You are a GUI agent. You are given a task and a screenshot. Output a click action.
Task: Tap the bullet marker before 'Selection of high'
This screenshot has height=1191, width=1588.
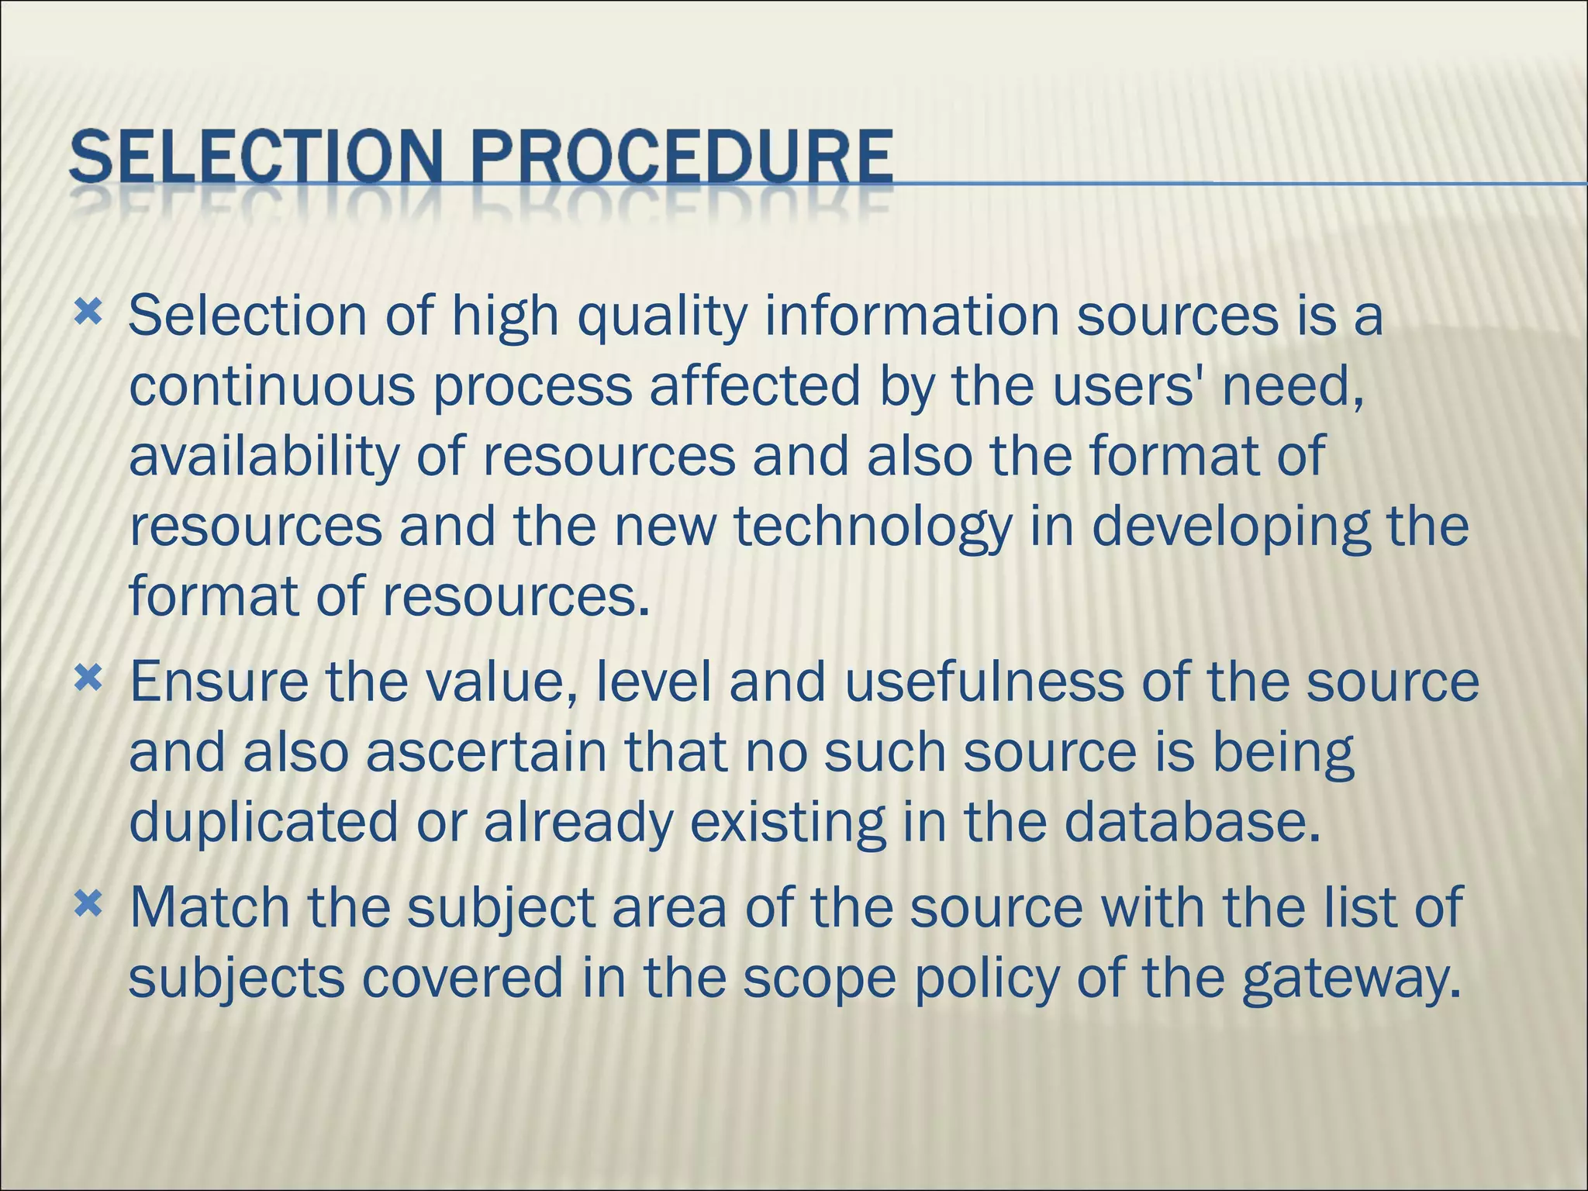pos(88,313)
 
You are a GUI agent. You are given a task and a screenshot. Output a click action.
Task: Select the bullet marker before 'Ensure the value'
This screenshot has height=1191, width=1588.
pos(88,680)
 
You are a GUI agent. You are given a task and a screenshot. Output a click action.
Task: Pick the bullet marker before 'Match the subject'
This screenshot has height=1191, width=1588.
pos(88,905)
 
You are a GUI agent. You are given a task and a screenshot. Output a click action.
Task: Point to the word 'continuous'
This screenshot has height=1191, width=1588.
pos(271,386)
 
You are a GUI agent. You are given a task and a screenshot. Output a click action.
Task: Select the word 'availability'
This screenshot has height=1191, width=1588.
pos(264,457)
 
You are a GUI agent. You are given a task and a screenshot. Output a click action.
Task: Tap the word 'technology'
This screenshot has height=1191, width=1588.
pos(873,527)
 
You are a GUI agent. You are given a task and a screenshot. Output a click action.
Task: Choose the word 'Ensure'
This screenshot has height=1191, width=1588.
pos(219,682)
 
